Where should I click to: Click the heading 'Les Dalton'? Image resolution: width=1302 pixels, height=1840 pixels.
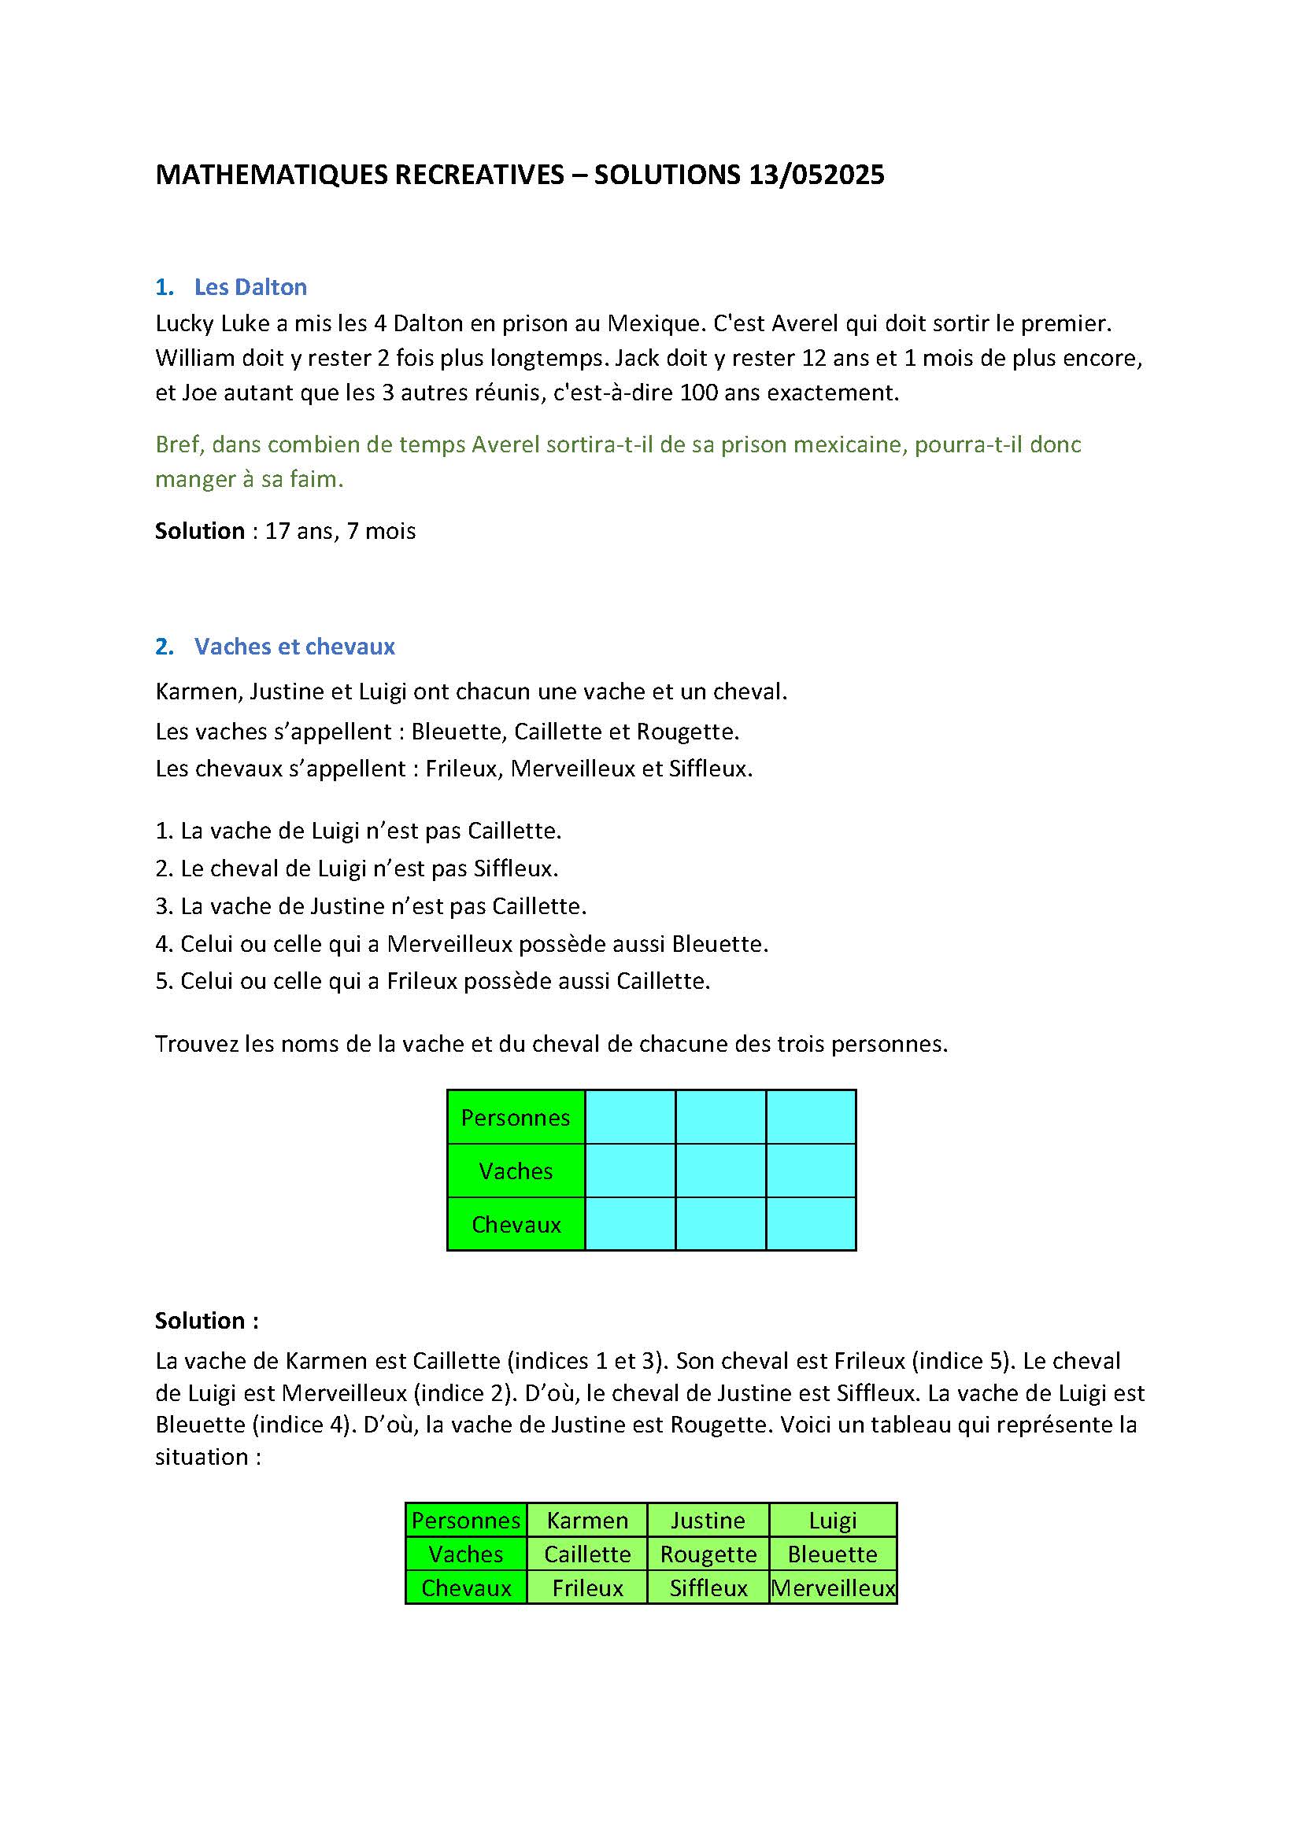coord(250,287)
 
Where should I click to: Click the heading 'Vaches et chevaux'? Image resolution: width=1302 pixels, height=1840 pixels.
coord(294,647)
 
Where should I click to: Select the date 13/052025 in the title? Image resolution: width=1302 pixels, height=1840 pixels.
coord(817,175)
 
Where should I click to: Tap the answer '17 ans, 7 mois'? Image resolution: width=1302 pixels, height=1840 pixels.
coord(340,531)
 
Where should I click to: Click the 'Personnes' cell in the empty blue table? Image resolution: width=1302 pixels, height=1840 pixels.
coord(516,1117)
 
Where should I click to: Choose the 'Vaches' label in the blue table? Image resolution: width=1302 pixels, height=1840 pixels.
coord(516,1171)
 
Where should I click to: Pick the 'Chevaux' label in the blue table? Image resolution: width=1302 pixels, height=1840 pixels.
coord(516,1225)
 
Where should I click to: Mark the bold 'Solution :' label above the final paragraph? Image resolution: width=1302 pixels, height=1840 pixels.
coord(206,1321)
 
